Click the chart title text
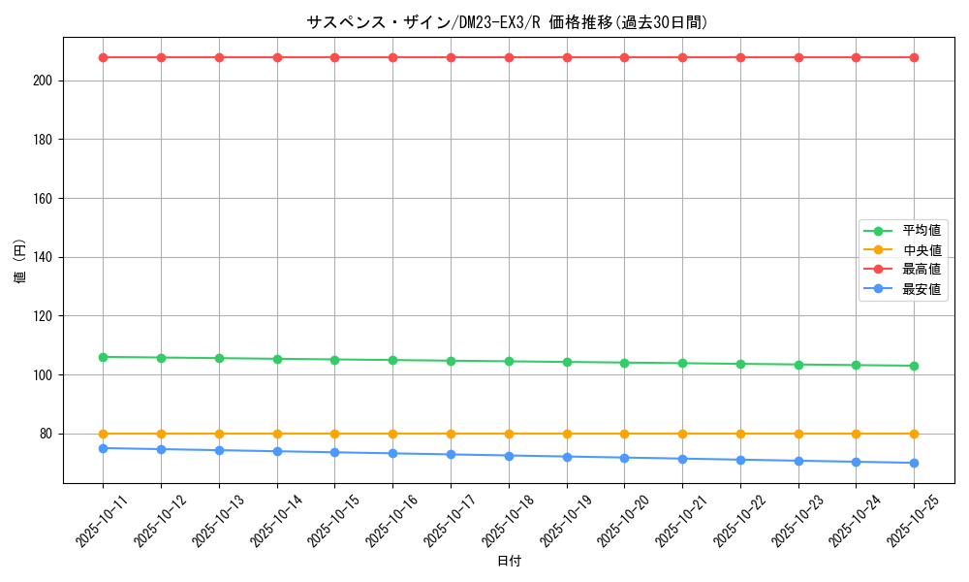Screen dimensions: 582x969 click(x=508, y=22)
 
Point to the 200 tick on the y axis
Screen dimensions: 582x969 click(x=46, y=81)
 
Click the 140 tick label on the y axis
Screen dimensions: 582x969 click(x=46, y=257)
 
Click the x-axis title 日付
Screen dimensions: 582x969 click(x=509, y=562)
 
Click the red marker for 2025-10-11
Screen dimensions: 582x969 click(x=103, y=57)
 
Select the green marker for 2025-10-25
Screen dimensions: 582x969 click(x=914, y=366)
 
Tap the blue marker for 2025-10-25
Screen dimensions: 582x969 click(x=914, y=463)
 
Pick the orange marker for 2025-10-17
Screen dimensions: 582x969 click(x=451, y=434)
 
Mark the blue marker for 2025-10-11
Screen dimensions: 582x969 click(x=103, y=448)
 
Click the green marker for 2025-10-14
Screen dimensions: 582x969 click(x=277, y=359)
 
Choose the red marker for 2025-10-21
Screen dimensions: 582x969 click(x=682, y=57)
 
